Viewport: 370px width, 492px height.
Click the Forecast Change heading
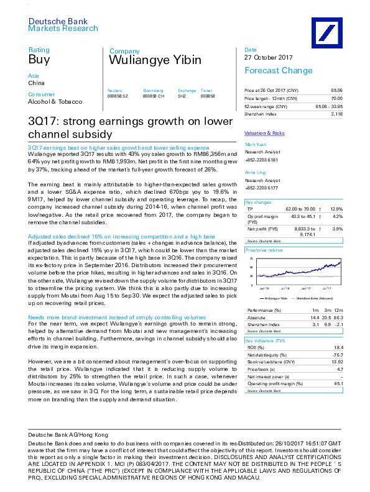point(270,71)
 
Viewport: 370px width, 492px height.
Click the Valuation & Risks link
point(264,133)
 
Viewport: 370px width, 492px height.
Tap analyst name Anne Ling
point(256,172)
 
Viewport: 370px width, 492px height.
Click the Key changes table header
point(257,203)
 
